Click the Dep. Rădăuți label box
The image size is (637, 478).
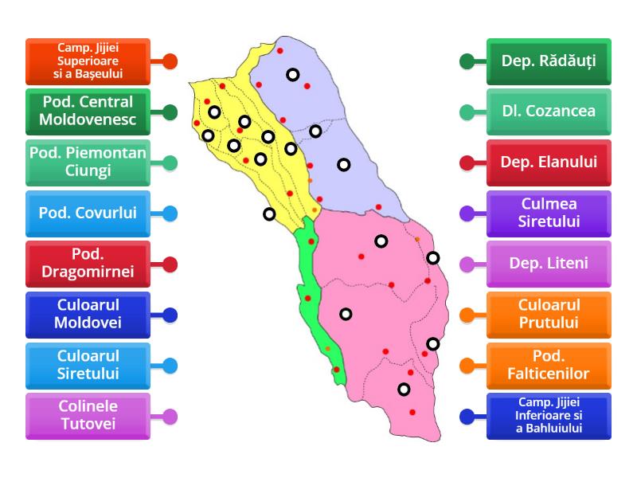549,61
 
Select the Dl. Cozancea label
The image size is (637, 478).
549,112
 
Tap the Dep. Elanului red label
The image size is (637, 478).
549,163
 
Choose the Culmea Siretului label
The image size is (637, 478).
549,213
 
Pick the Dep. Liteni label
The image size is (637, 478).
549,264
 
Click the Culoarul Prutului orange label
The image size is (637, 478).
549,315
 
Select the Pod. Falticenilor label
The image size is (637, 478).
549,365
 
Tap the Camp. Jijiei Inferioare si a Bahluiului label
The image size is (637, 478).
549,416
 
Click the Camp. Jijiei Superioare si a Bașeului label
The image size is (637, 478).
88,61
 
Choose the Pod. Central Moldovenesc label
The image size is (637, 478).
88,112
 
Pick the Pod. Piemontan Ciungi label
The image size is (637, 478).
88,163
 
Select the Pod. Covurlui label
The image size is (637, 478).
88,213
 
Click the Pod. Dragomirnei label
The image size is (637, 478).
88,264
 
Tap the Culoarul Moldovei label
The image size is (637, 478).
88,315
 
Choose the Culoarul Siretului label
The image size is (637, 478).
88,365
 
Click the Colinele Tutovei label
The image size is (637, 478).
88,416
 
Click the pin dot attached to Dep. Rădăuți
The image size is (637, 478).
467,61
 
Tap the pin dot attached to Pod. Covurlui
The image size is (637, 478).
170,214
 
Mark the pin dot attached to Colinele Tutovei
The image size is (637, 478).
170,416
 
